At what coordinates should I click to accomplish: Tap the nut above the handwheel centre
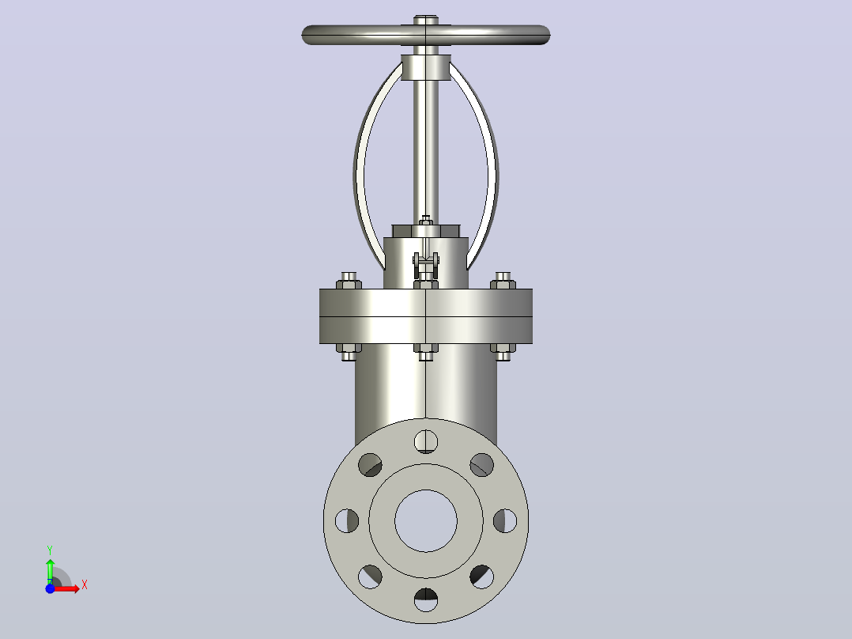tap(426, 20)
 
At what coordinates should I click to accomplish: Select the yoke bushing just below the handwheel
tap(426, 67)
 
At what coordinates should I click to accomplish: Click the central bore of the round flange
tap(426, 521)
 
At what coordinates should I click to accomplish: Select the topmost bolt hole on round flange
tap(426, 441)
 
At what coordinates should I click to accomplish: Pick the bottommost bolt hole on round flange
tap(426, 599)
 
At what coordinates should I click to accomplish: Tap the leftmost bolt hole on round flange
tap(347, 520)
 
